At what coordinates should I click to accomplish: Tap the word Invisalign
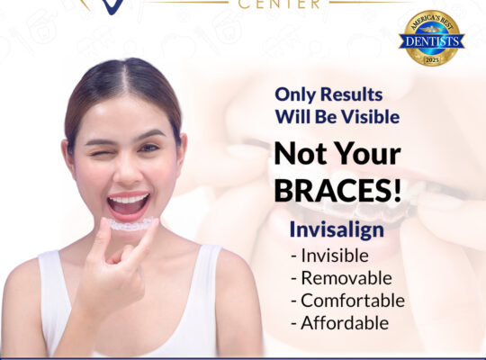(x=337, y=229)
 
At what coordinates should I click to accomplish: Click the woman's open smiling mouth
(x=129, y=203)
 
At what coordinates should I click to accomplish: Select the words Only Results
(x=317, y=94)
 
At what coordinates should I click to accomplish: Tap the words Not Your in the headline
(x=338, y=154)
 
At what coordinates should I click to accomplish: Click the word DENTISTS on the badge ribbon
(x=431, y=40)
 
